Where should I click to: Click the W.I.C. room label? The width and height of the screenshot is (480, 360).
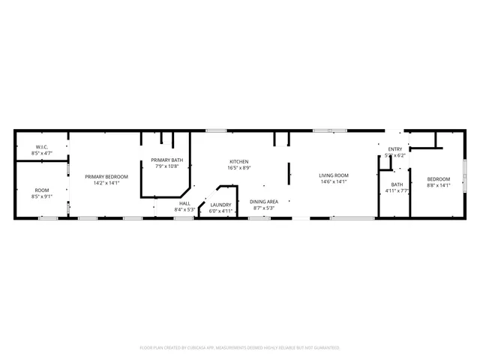pos(41,147)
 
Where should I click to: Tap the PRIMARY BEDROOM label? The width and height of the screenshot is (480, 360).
pos(106,176)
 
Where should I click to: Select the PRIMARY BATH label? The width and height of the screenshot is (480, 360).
pos(166,160)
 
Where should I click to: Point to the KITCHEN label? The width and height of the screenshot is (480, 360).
pos(239,162)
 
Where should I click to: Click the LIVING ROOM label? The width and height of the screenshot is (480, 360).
pos(334,175)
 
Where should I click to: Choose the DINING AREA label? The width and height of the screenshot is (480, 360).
pos(264,202)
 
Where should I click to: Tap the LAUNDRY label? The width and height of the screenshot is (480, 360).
pos(220,205)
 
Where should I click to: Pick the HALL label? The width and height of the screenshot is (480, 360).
pos(184,203)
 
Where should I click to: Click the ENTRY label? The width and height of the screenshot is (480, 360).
pos(395,149)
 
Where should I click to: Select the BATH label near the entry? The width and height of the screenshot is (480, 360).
pos(397,184)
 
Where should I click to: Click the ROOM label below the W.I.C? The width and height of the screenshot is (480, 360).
pos(41,190)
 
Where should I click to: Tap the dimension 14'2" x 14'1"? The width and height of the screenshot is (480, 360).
pos(106,182)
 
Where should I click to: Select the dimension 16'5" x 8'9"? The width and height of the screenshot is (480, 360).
pos(239,168)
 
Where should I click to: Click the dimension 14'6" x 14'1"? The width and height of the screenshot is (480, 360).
pos(334,181)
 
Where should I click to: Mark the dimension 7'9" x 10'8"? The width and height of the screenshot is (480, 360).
pos(166,166)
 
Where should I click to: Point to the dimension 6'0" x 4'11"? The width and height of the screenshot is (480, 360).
pos(220,211)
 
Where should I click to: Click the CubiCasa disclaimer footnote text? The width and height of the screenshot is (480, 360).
pos(240,348)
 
